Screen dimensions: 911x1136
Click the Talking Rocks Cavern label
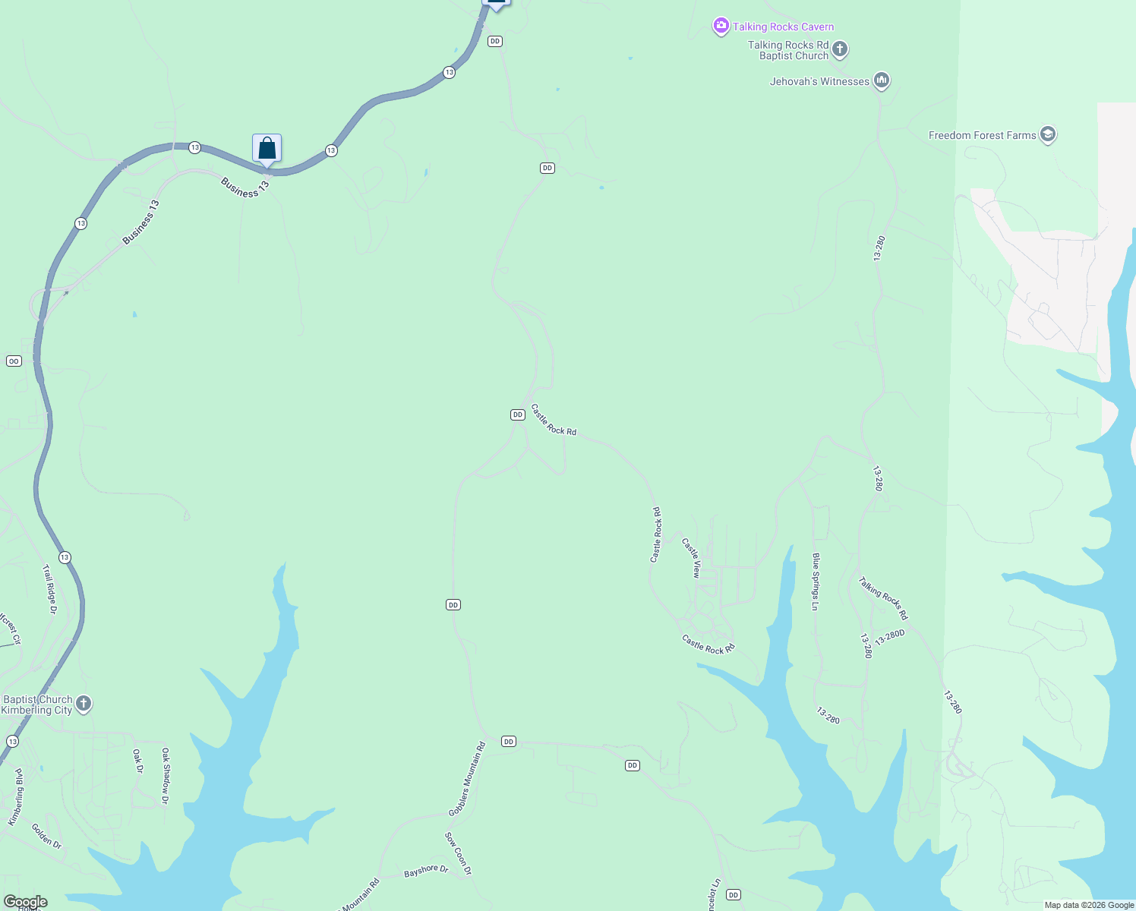[783, 27]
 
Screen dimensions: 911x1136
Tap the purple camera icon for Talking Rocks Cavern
[721, 27]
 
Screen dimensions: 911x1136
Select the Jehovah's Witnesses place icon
[881, 80]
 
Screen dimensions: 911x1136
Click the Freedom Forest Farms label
[982, 135]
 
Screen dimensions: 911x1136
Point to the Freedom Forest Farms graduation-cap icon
[1048, 134]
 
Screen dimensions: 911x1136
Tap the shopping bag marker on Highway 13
[267, 148]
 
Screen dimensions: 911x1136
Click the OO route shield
[14, 361]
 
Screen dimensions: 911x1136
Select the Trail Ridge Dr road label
[49, 588]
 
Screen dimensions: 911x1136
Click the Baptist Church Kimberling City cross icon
[84, 704]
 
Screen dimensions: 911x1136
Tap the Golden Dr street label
[46, 836]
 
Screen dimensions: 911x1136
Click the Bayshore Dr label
[426, 871]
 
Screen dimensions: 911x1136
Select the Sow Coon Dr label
[458, 853]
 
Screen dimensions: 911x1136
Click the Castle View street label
[691, 558]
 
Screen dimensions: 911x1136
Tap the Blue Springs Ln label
[816, 582]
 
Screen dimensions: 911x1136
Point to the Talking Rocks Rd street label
[883, 598]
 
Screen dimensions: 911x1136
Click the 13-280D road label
[889, 637]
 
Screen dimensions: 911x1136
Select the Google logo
[25, 902]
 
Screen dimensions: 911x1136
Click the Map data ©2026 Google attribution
[1089, 905]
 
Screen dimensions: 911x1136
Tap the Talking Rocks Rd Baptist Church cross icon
[839, 50]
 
